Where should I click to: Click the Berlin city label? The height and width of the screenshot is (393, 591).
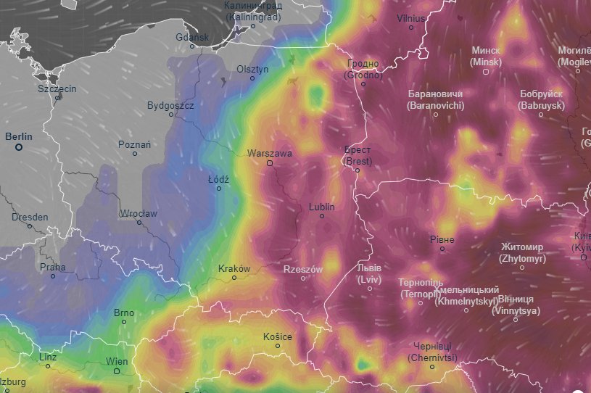pos(19,136)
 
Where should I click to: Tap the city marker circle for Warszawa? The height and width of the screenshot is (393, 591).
pos(269,164)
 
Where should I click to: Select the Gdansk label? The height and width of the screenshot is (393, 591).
pos(192,37)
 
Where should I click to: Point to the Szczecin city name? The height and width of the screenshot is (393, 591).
pos(57,88)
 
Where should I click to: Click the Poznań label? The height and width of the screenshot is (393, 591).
pos(134,144)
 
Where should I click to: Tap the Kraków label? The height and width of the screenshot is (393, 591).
pos(234,268)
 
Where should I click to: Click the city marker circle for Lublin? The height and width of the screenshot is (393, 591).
pos(322,216)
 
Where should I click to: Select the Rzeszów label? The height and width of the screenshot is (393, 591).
pos(302,269)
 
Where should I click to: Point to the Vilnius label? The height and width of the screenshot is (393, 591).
pos(411,17)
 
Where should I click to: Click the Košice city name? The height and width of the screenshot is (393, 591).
pos(278,336)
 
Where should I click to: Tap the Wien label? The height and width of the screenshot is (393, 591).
pos(117,361)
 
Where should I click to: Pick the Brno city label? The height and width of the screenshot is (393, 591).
pos(124,313)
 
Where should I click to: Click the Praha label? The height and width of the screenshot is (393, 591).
pos(53,266)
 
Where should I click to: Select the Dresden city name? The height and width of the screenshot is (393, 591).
pos(30,217)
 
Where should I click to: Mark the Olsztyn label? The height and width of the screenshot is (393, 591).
pos(252,69)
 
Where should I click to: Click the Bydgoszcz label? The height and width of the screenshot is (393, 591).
pos(170,105)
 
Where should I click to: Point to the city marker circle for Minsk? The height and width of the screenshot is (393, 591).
pos(486,71)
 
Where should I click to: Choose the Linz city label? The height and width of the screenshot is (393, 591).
pos(48,357)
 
